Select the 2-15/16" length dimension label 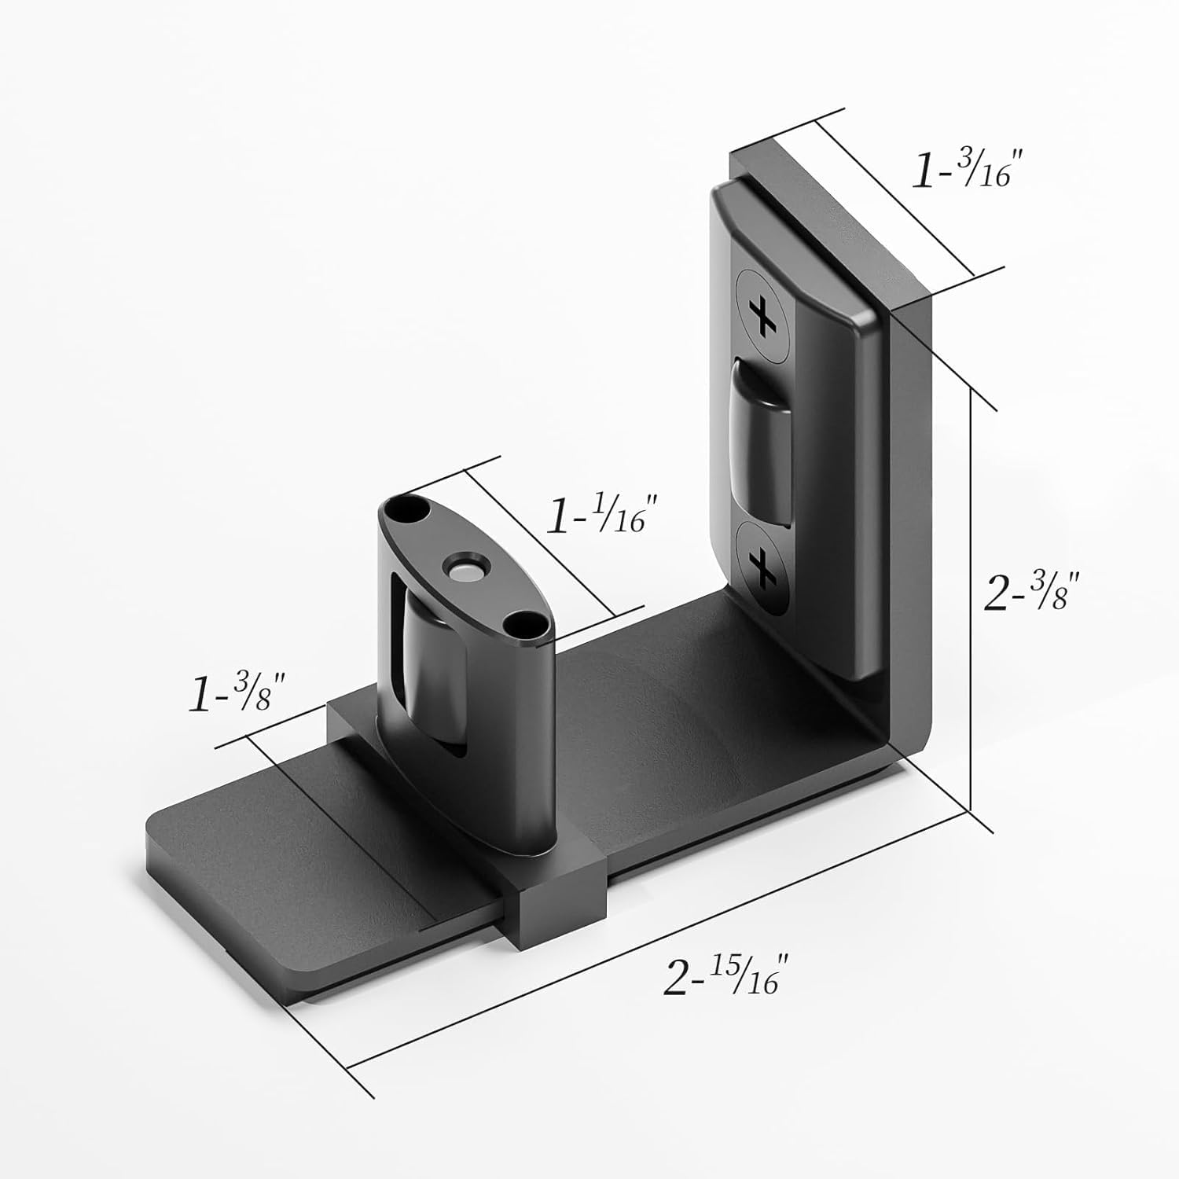[x=725, y=978]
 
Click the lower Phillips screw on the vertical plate [x=761, y=566]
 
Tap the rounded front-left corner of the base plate [x=161, y=833]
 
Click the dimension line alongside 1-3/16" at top [x=896, y=196]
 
